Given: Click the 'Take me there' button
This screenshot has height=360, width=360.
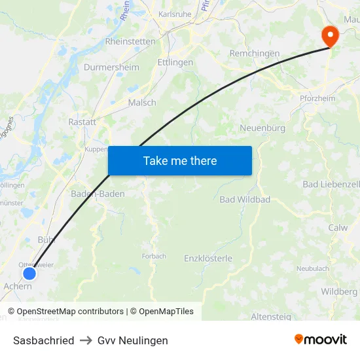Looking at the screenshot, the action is [180, 160].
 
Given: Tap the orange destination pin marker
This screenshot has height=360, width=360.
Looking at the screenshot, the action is [329, 35].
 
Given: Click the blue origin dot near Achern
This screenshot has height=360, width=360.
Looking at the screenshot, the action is [29, 274].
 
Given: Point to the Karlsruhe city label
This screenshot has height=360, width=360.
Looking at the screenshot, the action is [174, 14].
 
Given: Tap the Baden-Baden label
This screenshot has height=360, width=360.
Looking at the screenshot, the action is [98, 194].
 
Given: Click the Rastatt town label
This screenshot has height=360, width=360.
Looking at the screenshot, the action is [82, 122].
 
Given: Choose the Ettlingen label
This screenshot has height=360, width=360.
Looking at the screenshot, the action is [175, 62].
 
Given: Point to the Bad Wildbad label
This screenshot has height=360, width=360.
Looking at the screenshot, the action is [245, 199].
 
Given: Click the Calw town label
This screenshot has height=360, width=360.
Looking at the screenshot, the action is [338, 228].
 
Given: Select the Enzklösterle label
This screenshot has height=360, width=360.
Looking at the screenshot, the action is [208, 259].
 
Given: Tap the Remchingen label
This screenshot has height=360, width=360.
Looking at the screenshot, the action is [255, 54].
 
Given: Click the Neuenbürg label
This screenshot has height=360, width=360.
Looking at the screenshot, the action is [262, 128].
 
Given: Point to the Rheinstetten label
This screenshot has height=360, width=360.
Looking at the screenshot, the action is [130, 41].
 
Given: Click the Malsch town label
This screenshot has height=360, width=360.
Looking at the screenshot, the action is [142, 103].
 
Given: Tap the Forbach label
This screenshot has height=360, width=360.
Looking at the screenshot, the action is [154, 256].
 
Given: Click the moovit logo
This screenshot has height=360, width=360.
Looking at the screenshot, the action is [321, 340].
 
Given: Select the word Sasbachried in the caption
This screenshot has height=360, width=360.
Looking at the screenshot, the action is [43, 340].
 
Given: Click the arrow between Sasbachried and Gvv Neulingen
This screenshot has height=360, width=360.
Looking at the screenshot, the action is [86, 340].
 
